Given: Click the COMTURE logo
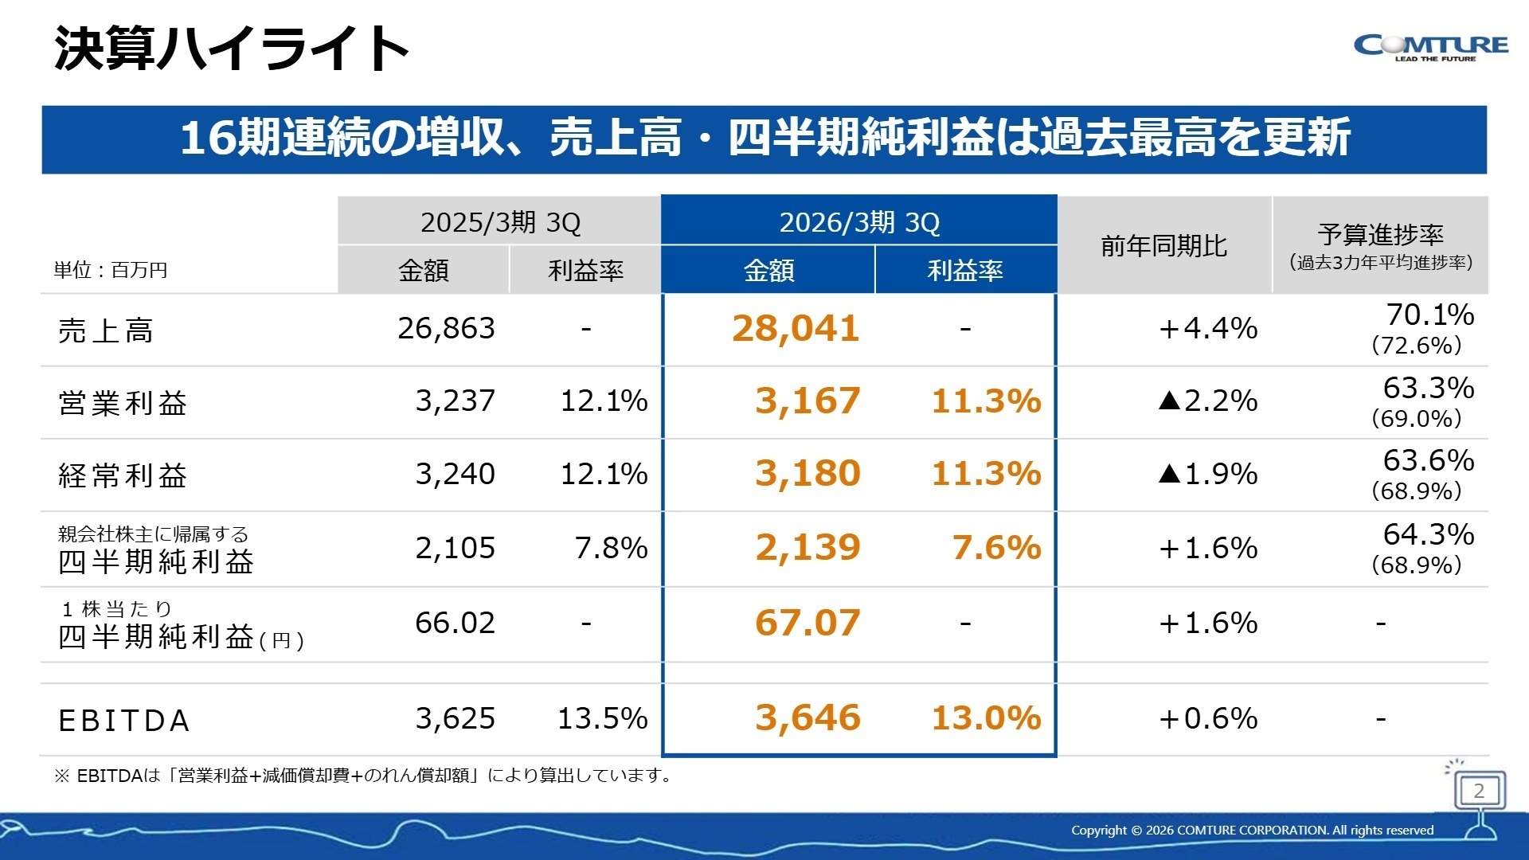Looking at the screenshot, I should click(x=1430, y=47).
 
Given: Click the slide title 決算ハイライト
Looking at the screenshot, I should click(x=231, y=49).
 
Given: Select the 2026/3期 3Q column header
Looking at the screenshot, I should click(x=858, y=222).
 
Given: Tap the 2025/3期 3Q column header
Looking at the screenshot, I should click(x=500, y=222).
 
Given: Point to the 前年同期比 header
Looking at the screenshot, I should click(x=1163, y=246).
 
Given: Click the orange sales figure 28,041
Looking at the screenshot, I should click(x=796, y=329).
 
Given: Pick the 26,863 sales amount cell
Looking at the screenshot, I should click(x=446, y=329).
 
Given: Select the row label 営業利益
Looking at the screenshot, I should click(x=123, y=403).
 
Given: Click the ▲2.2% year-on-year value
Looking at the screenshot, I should click(x=1208, y=401).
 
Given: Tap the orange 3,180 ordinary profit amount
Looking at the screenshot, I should click(x=808, y=474).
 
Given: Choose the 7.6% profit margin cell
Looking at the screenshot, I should click(x=996, y=548).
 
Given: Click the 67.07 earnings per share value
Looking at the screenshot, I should click(x=808, y=623).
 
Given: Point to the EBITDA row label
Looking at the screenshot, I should click(x=124, y=721).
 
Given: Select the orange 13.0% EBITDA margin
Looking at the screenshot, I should click(x=986, y=718).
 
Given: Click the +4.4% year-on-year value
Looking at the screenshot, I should click(x=1208, y=329).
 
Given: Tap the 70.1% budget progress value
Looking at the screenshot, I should click(x=1429, y=315).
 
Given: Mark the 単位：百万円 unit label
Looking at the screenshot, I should click(x=111, y=271).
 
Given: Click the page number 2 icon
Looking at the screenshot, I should click(x=1479, y=791).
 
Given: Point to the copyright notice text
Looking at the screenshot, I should click(x=1252, y=831).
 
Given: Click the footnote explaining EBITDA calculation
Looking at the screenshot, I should click(x=363, y=776).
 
